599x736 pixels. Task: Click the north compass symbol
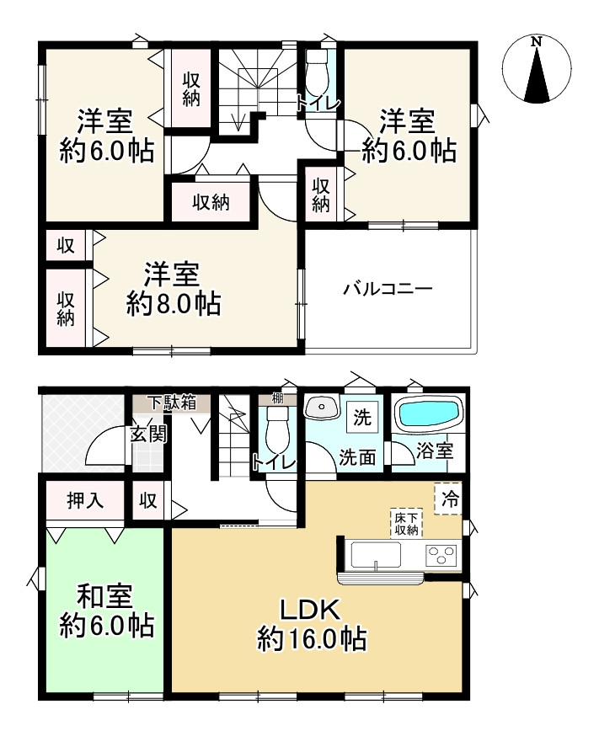(537, 68)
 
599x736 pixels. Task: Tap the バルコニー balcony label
(388, 289)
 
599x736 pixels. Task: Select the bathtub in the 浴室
(429, 414)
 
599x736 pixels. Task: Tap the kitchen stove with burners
(442, 556)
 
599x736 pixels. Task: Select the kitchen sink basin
(376, 556)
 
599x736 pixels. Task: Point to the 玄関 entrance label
(148, 435)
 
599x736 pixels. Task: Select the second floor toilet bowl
(318, 74)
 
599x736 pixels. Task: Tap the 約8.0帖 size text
(174, 303)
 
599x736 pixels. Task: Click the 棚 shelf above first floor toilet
(276, 398)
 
